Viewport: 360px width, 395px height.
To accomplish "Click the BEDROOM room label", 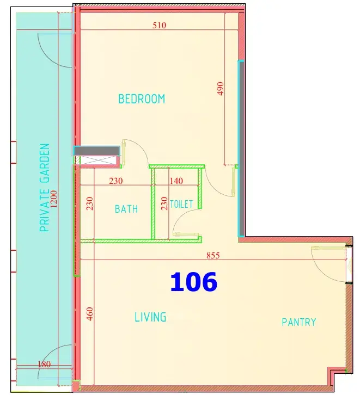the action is point(142,99).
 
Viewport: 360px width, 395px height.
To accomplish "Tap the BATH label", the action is point(126,209).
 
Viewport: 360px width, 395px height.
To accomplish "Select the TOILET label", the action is point(181,204).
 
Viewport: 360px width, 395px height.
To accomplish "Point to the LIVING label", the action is point(150,317).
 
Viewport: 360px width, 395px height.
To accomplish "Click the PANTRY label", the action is point(299,322).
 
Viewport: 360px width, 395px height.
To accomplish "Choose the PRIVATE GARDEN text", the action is point(45,188).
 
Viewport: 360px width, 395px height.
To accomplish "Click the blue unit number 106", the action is point(194,282).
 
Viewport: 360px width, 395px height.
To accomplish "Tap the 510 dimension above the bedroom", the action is point(160,25).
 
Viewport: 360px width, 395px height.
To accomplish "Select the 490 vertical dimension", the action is point(221,89).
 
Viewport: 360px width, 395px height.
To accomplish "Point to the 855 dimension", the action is point(213,255).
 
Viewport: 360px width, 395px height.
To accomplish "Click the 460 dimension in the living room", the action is point(90,314).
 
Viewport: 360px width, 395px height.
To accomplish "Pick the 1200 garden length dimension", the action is point(54,199).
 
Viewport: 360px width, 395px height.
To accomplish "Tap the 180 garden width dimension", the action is point(44,365).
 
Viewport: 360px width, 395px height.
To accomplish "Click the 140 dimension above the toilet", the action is point(176,181).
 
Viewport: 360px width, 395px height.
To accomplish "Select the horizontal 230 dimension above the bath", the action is point(116,181).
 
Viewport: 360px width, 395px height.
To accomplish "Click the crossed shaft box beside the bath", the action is point(99,160).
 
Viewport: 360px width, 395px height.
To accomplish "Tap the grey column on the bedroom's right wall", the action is point(241,149).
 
